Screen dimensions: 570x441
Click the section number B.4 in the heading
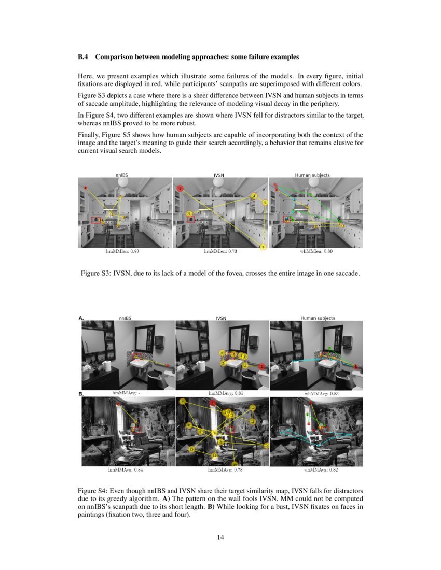(84, 56)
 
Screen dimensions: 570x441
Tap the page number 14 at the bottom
(220, 537)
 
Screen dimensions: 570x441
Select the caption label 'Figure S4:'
(93, 490)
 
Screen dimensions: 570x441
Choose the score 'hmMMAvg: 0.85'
(223, 393)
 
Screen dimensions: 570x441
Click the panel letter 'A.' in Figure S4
(81, 318)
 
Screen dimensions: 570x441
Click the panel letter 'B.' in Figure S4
(81, 394)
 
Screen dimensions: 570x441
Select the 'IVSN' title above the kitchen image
(219, 176)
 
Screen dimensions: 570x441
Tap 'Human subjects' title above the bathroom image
(318, 318)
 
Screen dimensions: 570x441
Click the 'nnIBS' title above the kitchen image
(122, 176)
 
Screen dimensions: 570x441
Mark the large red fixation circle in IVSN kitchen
(180, 189)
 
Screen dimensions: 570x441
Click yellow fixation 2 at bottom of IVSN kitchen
(263, 247)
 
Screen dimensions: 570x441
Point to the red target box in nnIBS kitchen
(97, 220)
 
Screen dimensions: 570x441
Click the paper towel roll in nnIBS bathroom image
(107, 366)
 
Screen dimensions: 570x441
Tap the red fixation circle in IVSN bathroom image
(263, 367)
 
